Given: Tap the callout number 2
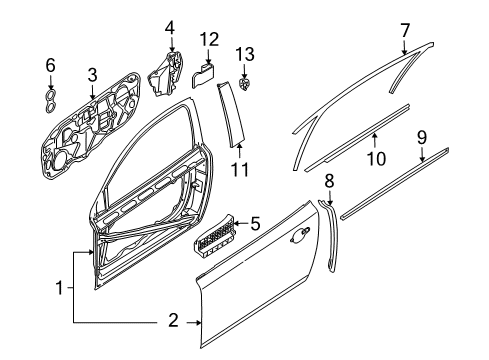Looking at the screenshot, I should pos(172,322).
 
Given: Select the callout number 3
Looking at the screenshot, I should pos(91,74).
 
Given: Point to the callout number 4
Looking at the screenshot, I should pos(170,27).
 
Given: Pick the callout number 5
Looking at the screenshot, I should pos(256,224).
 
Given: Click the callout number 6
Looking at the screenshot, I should pos(50,67).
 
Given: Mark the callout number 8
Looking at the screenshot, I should pos(328,180).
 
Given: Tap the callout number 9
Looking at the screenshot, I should pos(422,135).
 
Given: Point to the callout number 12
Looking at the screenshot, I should pos(208,40).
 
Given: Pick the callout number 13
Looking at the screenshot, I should pos(245,52).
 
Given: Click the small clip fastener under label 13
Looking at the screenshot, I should pos(245,79).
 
